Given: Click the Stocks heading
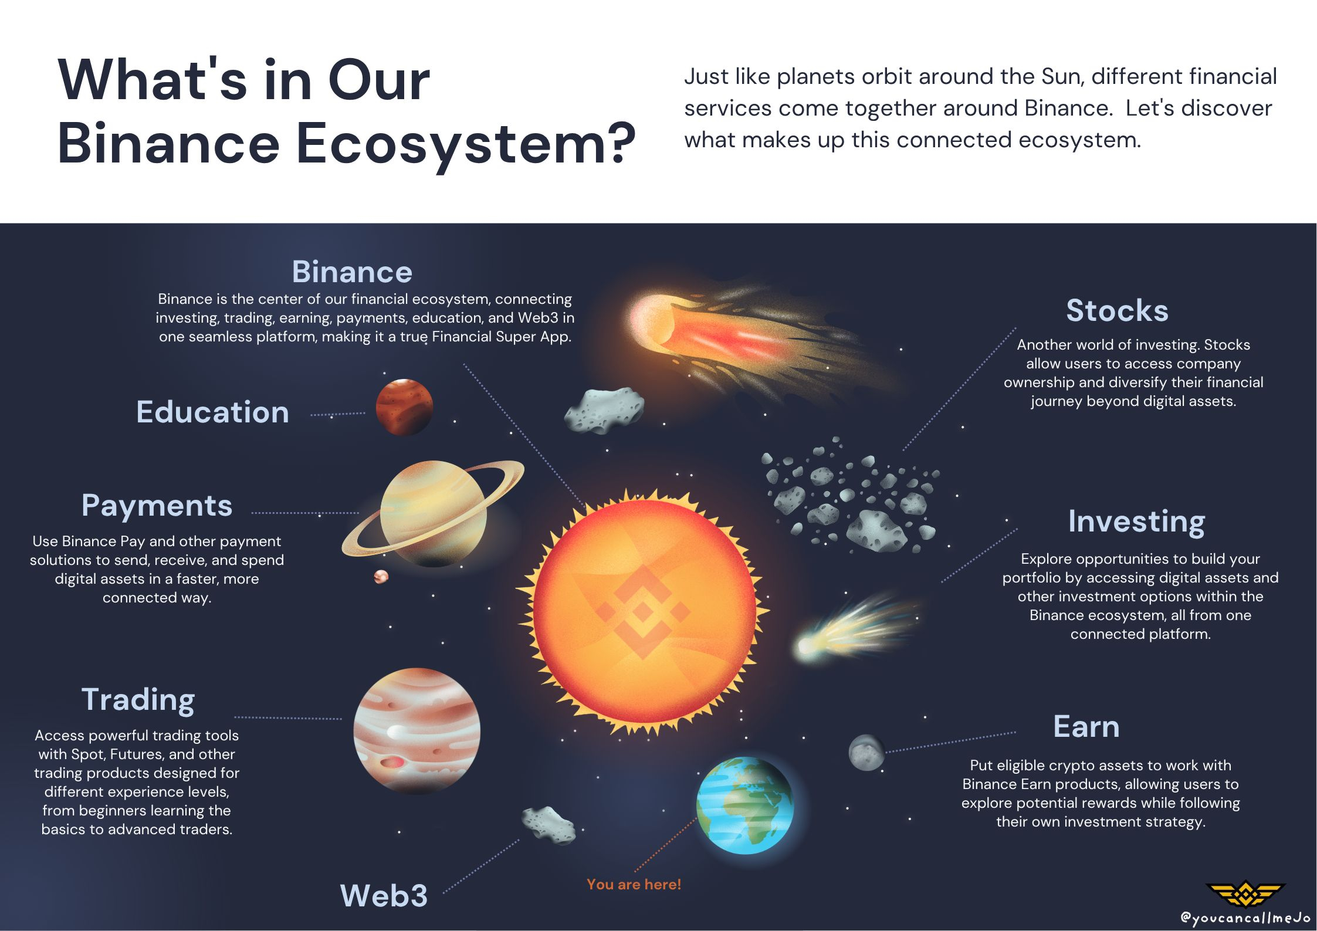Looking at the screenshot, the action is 1117,310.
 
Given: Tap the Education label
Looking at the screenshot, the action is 212,412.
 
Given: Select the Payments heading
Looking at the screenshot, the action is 157,506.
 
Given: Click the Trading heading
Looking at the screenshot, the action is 138,700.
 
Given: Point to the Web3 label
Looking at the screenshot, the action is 384,896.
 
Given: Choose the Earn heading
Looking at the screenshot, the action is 1086,727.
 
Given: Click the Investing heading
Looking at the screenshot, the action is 1136,522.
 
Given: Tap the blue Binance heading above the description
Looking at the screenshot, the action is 352,272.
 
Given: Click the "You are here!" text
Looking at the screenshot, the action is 634,885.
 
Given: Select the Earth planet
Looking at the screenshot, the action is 745,805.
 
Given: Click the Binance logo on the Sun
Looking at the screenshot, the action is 644,612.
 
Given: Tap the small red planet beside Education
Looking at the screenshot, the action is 404,407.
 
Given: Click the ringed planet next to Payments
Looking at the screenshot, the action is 433,513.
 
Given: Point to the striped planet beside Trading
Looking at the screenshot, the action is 417,731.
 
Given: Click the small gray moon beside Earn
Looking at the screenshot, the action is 866,753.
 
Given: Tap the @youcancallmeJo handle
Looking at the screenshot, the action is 1245,918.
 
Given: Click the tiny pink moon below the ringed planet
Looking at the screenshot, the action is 381,577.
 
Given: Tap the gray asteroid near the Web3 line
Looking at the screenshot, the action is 549,825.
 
